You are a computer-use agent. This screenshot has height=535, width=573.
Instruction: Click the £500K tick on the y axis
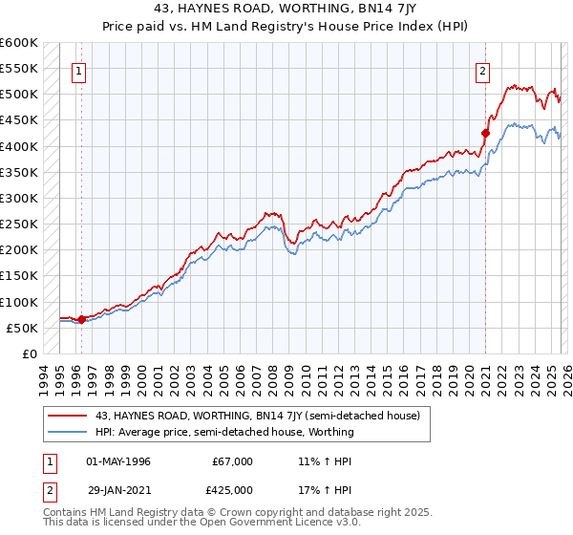click(19, 95)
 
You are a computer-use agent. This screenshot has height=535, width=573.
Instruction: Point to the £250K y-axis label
click(19, 225)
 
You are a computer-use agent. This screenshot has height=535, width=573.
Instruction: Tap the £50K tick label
click(22, 328)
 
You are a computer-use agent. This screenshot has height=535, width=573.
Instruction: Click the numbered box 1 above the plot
click(78, 70)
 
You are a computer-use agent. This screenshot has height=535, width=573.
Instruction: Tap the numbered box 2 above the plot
click(483, 70)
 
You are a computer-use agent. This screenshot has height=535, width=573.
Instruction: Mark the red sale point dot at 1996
click(81, 319)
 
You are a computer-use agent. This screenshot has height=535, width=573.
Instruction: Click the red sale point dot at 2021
click(485, 133)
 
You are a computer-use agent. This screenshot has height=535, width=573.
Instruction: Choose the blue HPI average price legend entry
click(224, 432)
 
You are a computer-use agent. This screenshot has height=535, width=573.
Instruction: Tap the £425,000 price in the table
click(233, 488)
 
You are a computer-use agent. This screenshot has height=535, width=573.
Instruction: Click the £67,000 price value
click(233, 461)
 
